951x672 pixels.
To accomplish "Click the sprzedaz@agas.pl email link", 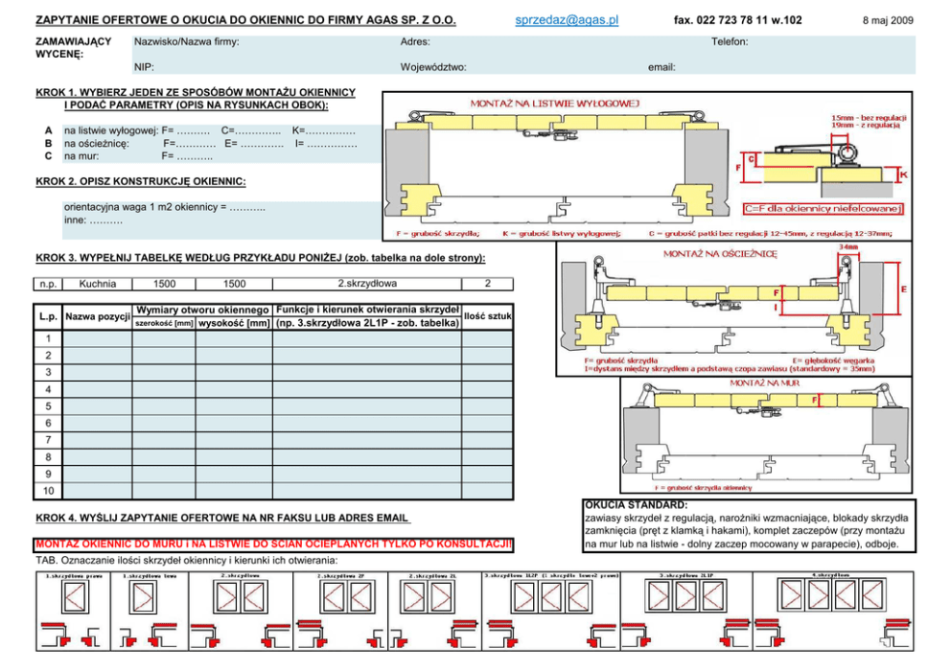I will [x=568, y=20].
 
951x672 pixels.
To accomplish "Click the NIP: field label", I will [x=145, y=67].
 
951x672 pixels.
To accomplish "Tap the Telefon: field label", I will [x=730, y=42].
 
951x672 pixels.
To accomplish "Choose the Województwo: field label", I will [x=433, y=67].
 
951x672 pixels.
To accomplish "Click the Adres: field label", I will [x=415, y=42].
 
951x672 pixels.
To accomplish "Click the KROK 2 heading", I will [x=140, y=181].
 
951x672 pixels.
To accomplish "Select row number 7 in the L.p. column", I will [x=48, y=440].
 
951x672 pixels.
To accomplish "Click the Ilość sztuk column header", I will [x=487, y=315].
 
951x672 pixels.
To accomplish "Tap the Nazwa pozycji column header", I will [x=97, y=316].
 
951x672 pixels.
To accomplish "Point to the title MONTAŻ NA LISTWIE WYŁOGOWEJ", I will [x=554, y=104].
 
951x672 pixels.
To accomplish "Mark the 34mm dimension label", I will [x=848, y=246].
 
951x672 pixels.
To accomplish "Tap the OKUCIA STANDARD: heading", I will [x=636, y=504].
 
